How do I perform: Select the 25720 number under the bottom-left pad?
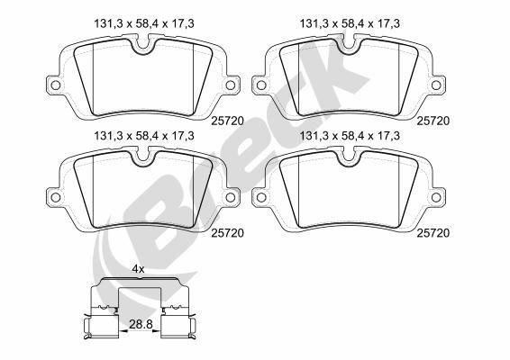point(228,232)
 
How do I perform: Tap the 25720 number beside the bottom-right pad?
point(433,232)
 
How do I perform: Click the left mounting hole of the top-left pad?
point(54,86)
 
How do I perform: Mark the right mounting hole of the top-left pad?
point(230,86)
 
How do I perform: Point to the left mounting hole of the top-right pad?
point(262,86)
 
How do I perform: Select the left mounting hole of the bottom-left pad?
point(54,197)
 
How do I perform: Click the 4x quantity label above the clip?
point(138,268)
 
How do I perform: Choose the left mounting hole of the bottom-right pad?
point(262,197)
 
